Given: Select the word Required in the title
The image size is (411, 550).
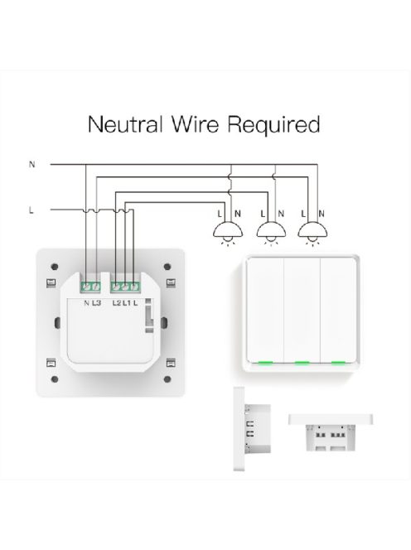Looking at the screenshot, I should tap(276, 125).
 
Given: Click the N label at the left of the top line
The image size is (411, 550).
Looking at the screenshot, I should tap(32, 165).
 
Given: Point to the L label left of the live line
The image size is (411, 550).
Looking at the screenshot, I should tap(31, 210).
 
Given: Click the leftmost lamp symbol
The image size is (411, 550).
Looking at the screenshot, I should tap(225, 234).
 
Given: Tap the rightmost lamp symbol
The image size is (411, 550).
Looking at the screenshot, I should tap(312, 234).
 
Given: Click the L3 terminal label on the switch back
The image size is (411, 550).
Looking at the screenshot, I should tap(96, 304).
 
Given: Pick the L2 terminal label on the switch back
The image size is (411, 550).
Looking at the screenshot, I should tap(117, 304).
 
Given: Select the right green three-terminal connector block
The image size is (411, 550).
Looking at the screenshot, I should tap(124, 287).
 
